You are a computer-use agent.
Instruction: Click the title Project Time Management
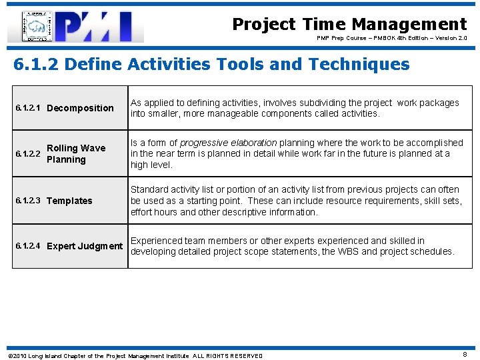(349, 25)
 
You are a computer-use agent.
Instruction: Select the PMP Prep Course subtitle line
(391, 39)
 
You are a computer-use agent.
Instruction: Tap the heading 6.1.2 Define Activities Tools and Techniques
(211, 65)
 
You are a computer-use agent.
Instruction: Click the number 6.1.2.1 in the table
(27, 108)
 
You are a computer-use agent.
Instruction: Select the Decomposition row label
(80, 108)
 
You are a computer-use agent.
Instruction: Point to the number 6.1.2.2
(27, 154)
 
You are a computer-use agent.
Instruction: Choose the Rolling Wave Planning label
(75, 154)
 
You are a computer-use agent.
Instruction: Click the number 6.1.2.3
(27, 201)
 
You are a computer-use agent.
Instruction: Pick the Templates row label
(69, 201)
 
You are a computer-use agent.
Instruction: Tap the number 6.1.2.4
(27, 246)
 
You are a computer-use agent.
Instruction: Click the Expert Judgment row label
(85, 246)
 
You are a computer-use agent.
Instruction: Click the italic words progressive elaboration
(228, 143)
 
